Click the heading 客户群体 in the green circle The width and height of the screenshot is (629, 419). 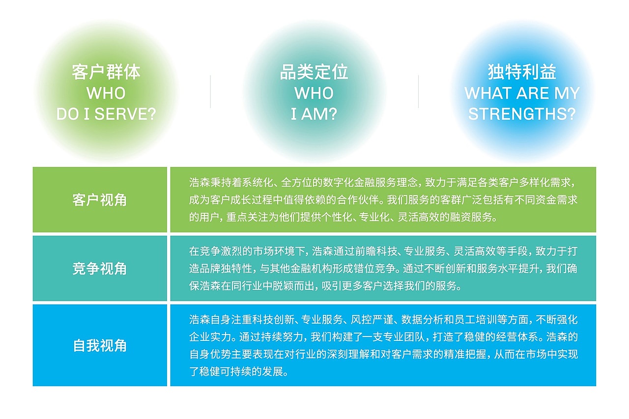[x=106, y=72]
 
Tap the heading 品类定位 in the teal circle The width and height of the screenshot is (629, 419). [x=314, y=72]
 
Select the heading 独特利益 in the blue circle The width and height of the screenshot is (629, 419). [x=522, y=72]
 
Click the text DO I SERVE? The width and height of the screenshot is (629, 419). [x=106, y=114]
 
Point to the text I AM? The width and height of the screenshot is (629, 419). [x=314, y=114]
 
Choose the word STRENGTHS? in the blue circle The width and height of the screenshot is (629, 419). [x=522, y=114]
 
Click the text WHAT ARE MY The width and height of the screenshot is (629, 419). [x=522, y=93]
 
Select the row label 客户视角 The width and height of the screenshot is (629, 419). [x=100, y=200]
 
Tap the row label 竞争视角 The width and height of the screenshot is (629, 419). [x=100, y=269]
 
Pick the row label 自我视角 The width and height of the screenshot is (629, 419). [x=100, y=345]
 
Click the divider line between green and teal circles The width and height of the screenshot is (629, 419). [x=210, y=91]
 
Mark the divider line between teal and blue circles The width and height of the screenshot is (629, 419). [x=418, y=91]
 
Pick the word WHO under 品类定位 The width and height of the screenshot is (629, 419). [x=314, y=93]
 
